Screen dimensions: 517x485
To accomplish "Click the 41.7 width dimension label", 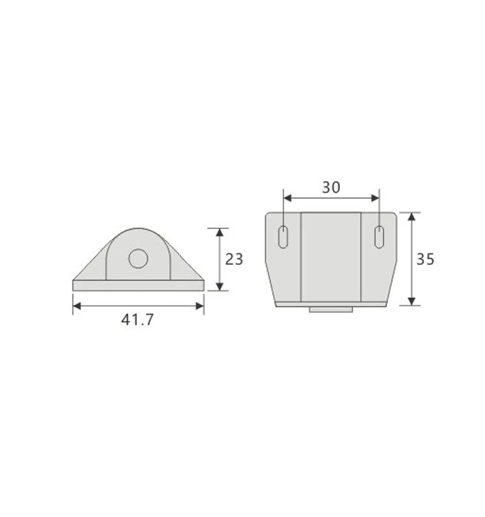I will pyautogui.click(x=137, y=319).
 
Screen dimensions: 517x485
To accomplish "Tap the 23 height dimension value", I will pyautogui.click(x=234, y=259).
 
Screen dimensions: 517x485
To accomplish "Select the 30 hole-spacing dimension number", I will pyautogui.click(x=331, y=187).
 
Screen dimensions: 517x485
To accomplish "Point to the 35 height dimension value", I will pyautogui.click(x=425, y=259).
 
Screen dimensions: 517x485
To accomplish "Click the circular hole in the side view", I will pyautogui.click(x=138, y=259).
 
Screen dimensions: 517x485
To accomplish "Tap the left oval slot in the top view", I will pyautogui.click(x=283, y=237).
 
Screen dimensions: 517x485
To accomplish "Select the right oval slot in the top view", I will pyautogui.click(x=379, y=237).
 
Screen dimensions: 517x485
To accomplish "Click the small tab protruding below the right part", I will pyautogui.click(x=331, y=310).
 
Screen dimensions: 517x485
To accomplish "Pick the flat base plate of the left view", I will pyautogui.click(x=138, y=285).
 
